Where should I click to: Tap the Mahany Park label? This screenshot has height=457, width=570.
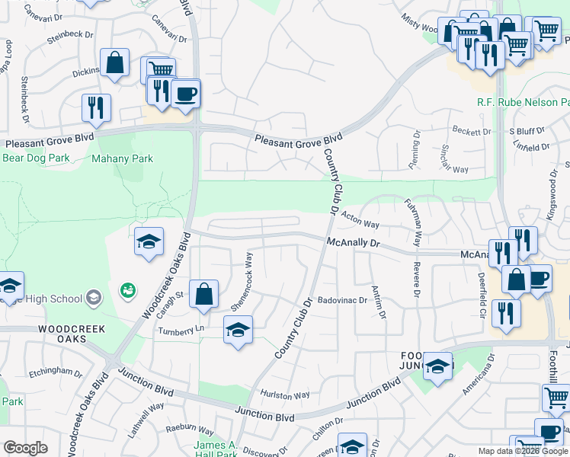coord(122,159)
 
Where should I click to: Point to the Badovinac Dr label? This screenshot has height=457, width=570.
coord(342,300)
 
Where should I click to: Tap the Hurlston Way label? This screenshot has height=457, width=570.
coord(285,395)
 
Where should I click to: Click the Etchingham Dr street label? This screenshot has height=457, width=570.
coord(55,372)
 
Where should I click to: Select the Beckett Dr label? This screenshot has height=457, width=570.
coord(472,132)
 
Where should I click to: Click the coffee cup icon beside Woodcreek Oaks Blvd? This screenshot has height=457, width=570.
coord(185,94)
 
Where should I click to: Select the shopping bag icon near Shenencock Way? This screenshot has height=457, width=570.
coord(204,294)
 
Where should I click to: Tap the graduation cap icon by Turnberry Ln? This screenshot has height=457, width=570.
coord(238,330)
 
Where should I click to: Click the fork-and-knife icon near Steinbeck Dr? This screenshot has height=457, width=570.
coord(96,107)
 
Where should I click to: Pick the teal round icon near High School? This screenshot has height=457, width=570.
coord(126,290)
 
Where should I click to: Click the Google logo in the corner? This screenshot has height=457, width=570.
coord(25,448)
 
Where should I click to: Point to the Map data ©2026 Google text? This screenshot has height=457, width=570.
coord(523,451)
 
